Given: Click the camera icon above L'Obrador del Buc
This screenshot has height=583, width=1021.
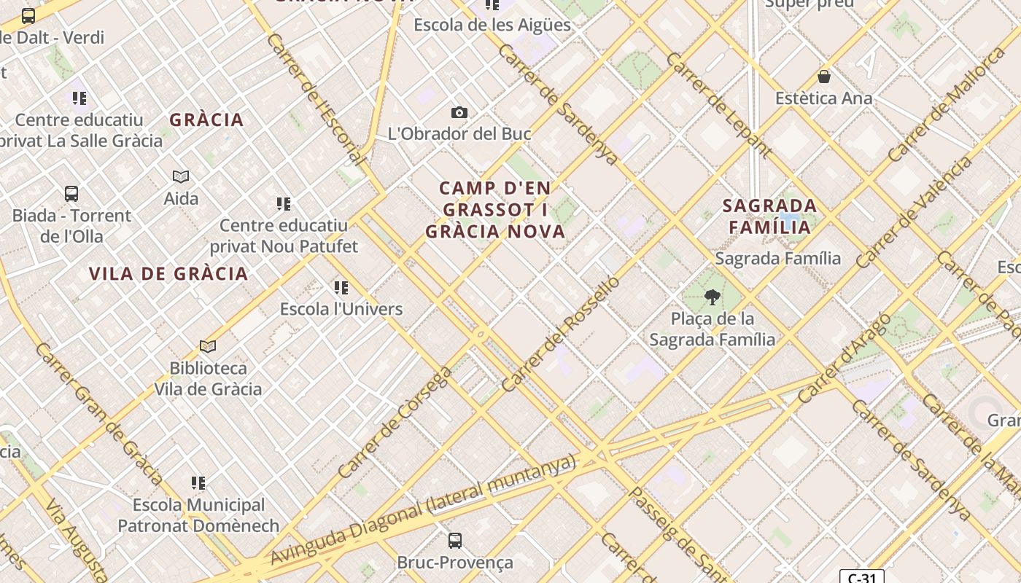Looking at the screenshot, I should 459,112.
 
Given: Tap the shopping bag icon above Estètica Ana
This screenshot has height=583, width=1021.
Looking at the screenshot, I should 824,77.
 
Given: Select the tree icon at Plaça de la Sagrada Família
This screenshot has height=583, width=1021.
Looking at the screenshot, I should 712,297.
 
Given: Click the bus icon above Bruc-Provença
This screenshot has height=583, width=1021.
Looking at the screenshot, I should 454,540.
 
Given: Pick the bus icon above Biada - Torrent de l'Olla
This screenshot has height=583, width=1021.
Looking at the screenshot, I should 71,194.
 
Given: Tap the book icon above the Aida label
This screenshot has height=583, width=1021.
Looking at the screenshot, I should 181,176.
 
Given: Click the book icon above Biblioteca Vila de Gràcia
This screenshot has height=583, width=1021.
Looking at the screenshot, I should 208,346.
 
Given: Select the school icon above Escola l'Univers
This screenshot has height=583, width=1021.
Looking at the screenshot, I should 341,287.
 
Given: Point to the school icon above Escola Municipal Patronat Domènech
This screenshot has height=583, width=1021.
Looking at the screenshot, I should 198,482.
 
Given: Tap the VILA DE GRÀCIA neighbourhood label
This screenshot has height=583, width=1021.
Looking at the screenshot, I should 168,274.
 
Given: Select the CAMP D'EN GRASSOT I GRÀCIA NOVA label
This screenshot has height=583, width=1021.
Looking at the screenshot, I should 495,210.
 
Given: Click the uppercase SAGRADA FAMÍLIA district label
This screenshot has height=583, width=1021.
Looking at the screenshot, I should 769,216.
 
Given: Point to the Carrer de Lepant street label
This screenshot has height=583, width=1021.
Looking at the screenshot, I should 718,105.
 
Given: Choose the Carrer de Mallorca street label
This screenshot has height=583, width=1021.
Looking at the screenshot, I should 946,104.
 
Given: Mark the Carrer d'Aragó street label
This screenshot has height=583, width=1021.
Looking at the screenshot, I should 843,358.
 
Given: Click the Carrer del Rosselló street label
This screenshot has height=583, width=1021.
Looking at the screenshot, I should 560,334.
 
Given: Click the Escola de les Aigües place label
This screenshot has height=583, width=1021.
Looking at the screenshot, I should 492,25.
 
